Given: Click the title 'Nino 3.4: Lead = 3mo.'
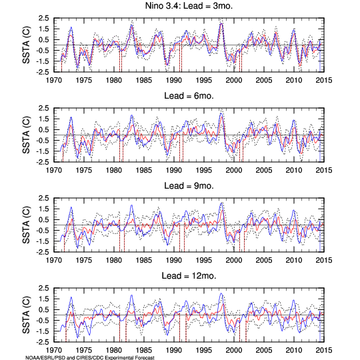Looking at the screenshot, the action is point(189,6).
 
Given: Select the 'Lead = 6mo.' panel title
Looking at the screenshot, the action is point(189,96).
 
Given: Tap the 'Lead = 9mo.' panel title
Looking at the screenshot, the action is point(189,186).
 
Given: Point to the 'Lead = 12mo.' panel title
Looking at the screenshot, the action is point(189,276).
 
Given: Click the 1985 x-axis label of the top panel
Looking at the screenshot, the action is point(144,81).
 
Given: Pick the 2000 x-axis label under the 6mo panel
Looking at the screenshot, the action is point(234,171).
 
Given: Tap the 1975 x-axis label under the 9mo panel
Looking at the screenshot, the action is point(84,261).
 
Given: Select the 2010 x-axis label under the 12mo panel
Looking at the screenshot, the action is point(293,351).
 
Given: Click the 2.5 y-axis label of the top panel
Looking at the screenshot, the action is point(44,18).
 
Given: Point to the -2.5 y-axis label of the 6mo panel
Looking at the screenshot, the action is point(43,162).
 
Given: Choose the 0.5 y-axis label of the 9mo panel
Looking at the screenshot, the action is point(44,220).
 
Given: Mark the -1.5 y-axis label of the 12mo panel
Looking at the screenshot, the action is point(43,331).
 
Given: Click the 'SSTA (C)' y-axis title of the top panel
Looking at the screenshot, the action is point(26,45).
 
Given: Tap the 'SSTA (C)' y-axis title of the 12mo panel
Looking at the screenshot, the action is point(26,315).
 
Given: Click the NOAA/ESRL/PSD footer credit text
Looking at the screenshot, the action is point(90,357).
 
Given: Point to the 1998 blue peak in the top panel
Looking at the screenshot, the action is point(221,23).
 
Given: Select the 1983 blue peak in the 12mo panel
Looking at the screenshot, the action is point(131,295).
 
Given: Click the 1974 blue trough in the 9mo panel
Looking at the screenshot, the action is point(77,248).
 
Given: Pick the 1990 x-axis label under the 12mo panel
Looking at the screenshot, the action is point(174,351).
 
